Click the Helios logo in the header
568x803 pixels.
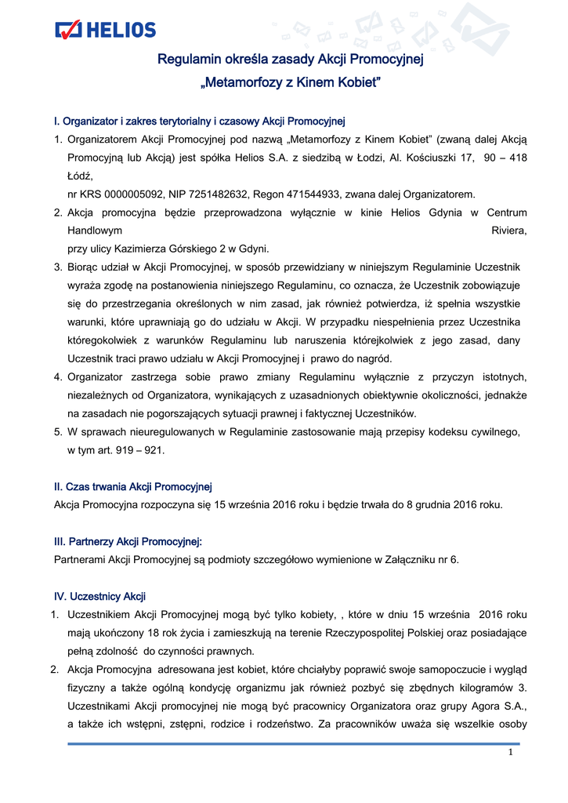click(106, 30)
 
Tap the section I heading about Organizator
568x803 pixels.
click(200, 122)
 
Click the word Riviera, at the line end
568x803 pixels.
click(508, 231)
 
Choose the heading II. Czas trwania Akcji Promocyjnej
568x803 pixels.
click(132, 487)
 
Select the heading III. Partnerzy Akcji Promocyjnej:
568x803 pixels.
click(128, 541)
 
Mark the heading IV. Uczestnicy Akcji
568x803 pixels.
click(99, 596)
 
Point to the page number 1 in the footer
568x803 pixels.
click(510, 753)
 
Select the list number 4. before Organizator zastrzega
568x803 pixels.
click(58, 377)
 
